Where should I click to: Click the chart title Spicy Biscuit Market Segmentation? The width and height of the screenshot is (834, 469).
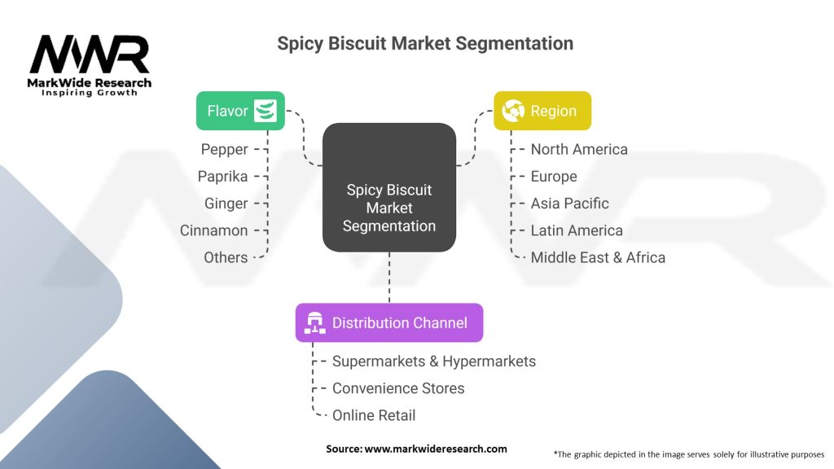tap(425, 43)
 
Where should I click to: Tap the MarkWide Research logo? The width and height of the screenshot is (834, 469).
tap(90, 65)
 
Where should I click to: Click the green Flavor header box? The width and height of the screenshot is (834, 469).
tap(240, 111)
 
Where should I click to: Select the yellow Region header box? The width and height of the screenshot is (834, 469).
tap(542, 111)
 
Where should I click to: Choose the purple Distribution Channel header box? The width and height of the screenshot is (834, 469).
tap(388, 322)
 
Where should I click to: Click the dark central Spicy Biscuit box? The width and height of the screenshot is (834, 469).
tap(389, 208)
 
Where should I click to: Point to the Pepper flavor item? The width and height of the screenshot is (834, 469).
tap(224, 149)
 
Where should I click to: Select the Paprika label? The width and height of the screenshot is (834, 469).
tap(222, 176)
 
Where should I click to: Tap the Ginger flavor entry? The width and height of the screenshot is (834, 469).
tap(226, 203)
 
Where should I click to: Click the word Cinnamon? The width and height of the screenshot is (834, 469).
tap(213, 230)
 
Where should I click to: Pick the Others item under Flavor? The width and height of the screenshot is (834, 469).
tap(226, 257)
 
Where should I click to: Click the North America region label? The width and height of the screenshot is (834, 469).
tap(579, 149)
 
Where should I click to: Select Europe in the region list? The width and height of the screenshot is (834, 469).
tap(554, 176)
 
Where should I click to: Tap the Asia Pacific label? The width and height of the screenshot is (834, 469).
tap(569, 203)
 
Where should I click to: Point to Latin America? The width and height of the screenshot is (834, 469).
tap(577, 230)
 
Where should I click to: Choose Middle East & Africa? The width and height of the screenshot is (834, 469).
tap(598, 257)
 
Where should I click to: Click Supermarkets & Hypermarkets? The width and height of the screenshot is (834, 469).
tap(434, 361)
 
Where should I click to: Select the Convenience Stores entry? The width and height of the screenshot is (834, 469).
tap(398, 388)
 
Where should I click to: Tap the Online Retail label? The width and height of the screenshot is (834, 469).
tap(374, 415)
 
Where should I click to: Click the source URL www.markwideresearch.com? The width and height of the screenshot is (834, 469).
tap(435, 449)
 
